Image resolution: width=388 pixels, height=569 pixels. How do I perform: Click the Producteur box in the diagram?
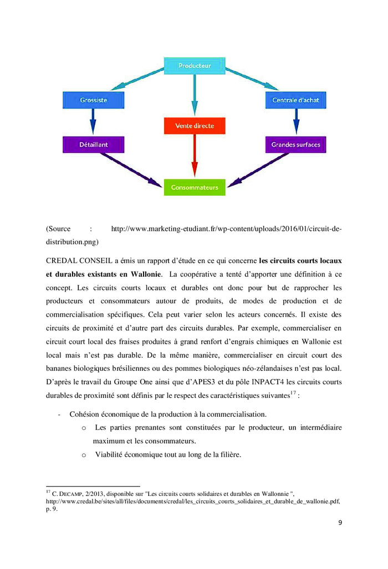coord(194,65)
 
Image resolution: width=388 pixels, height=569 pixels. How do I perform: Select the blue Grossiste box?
coord(93,100)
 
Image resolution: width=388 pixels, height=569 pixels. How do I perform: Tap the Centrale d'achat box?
coord(295,100)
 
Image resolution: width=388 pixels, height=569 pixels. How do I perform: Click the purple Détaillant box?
coord(93,144)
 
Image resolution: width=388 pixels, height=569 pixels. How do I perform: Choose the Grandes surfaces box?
coord(295,144)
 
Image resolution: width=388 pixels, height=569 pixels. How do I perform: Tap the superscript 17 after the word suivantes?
coord(294,394)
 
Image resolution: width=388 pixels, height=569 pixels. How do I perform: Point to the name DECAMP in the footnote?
coord(69,493)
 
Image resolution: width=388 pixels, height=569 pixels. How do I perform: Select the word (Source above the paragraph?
coord(58,228)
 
